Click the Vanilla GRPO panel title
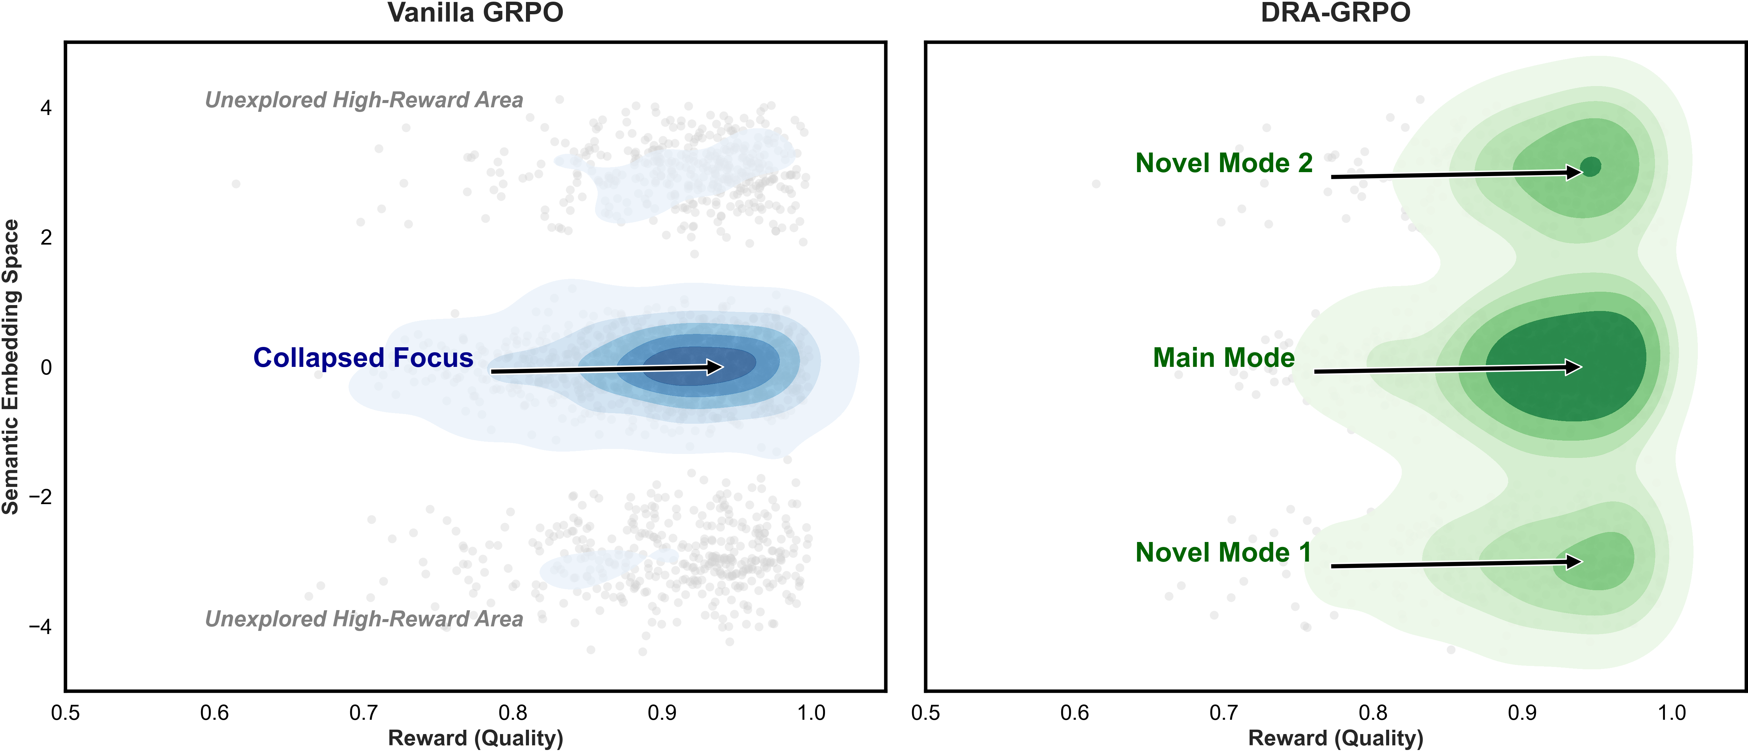(475, 13)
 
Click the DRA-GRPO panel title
(1335, 13)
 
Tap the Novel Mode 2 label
(1224, 163)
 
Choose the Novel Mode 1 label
(1223, 553)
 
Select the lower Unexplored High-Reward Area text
(364, 619)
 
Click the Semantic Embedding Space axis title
(11, 367)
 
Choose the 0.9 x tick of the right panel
(1522, 713)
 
